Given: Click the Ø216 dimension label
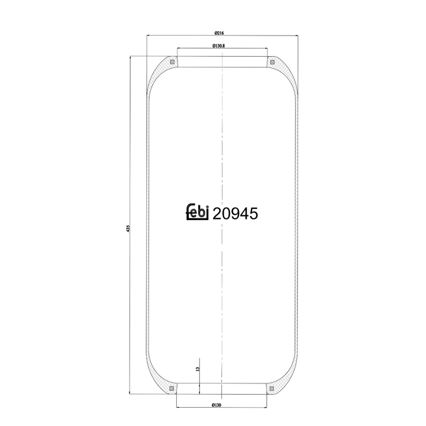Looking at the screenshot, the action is click(219, 33).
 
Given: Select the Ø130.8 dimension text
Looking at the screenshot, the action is click(218, 46).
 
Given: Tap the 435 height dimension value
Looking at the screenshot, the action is click(128, 228).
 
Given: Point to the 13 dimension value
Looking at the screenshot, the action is click(198, 369).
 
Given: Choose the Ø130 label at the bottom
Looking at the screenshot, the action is click(217, 405).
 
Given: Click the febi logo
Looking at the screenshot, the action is click(197, 212).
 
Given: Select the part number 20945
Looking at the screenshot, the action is click(235, 214).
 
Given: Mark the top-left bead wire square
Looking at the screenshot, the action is click(172, 62).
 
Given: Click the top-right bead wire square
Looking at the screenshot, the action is click(273, 62).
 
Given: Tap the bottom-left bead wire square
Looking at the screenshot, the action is click(172, 389).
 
